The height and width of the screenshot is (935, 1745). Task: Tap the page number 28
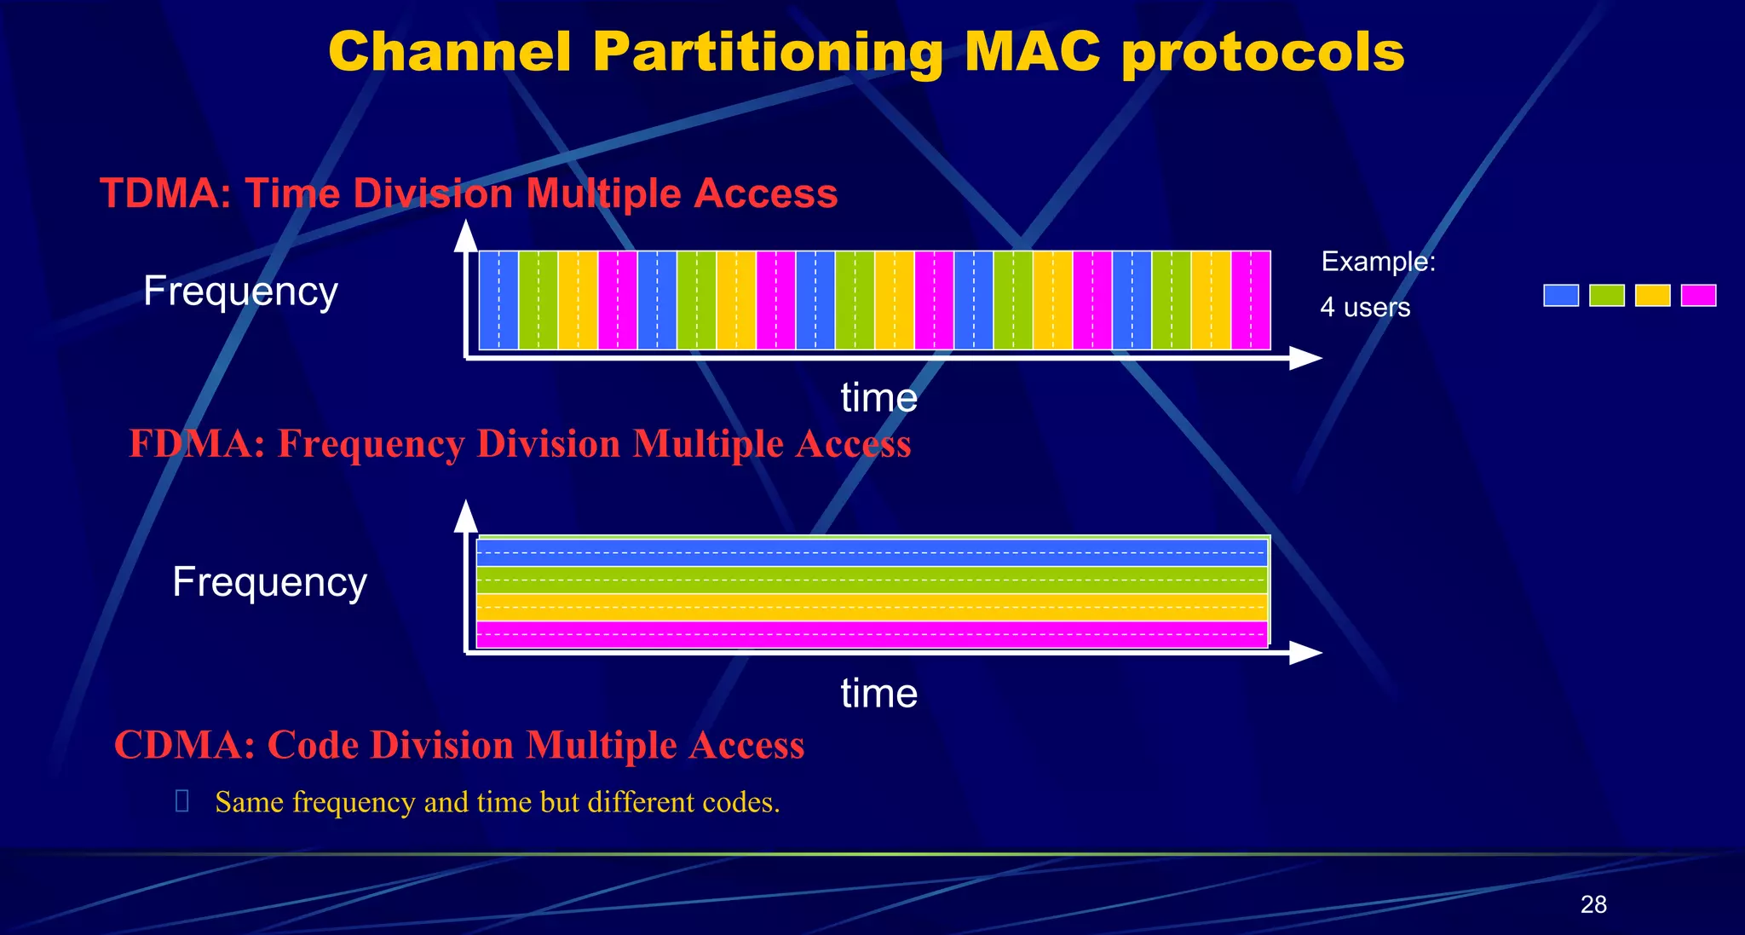click(1593, 904)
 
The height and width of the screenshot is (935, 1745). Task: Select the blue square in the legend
click(1561, 296)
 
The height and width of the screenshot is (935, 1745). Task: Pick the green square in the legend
click(1607, 296)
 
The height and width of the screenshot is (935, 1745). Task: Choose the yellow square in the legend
click(1652, 296)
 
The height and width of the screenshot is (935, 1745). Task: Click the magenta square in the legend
click(1698, 296)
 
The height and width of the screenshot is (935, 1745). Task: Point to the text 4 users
click(1365, 307)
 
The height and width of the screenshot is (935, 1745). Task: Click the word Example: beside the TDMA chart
click(1378, 261)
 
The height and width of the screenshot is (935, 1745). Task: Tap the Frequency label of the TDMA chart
click(240, 291)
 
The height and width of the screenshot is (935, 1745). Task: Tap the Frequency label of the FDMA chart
click(269, 582)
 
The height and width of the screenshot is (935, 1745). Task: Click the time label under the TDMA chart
click(878, 398)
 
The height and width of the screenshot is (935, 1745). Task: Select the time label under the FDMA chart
click(878, 693)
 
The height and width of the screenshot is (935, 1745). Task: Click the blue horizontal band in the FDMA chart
click(872, 553)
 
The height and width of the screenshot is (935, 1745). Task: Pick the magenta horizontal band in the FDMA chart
click(872, 635)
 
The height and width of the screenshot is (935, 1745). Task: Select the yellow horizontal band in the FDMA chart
click(872, 608)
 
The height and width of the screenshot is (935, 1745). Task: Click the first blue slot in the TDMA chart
click(498, 300)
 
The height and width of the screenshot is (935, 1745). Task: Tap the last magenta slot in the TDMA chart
click(1251, 300)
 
